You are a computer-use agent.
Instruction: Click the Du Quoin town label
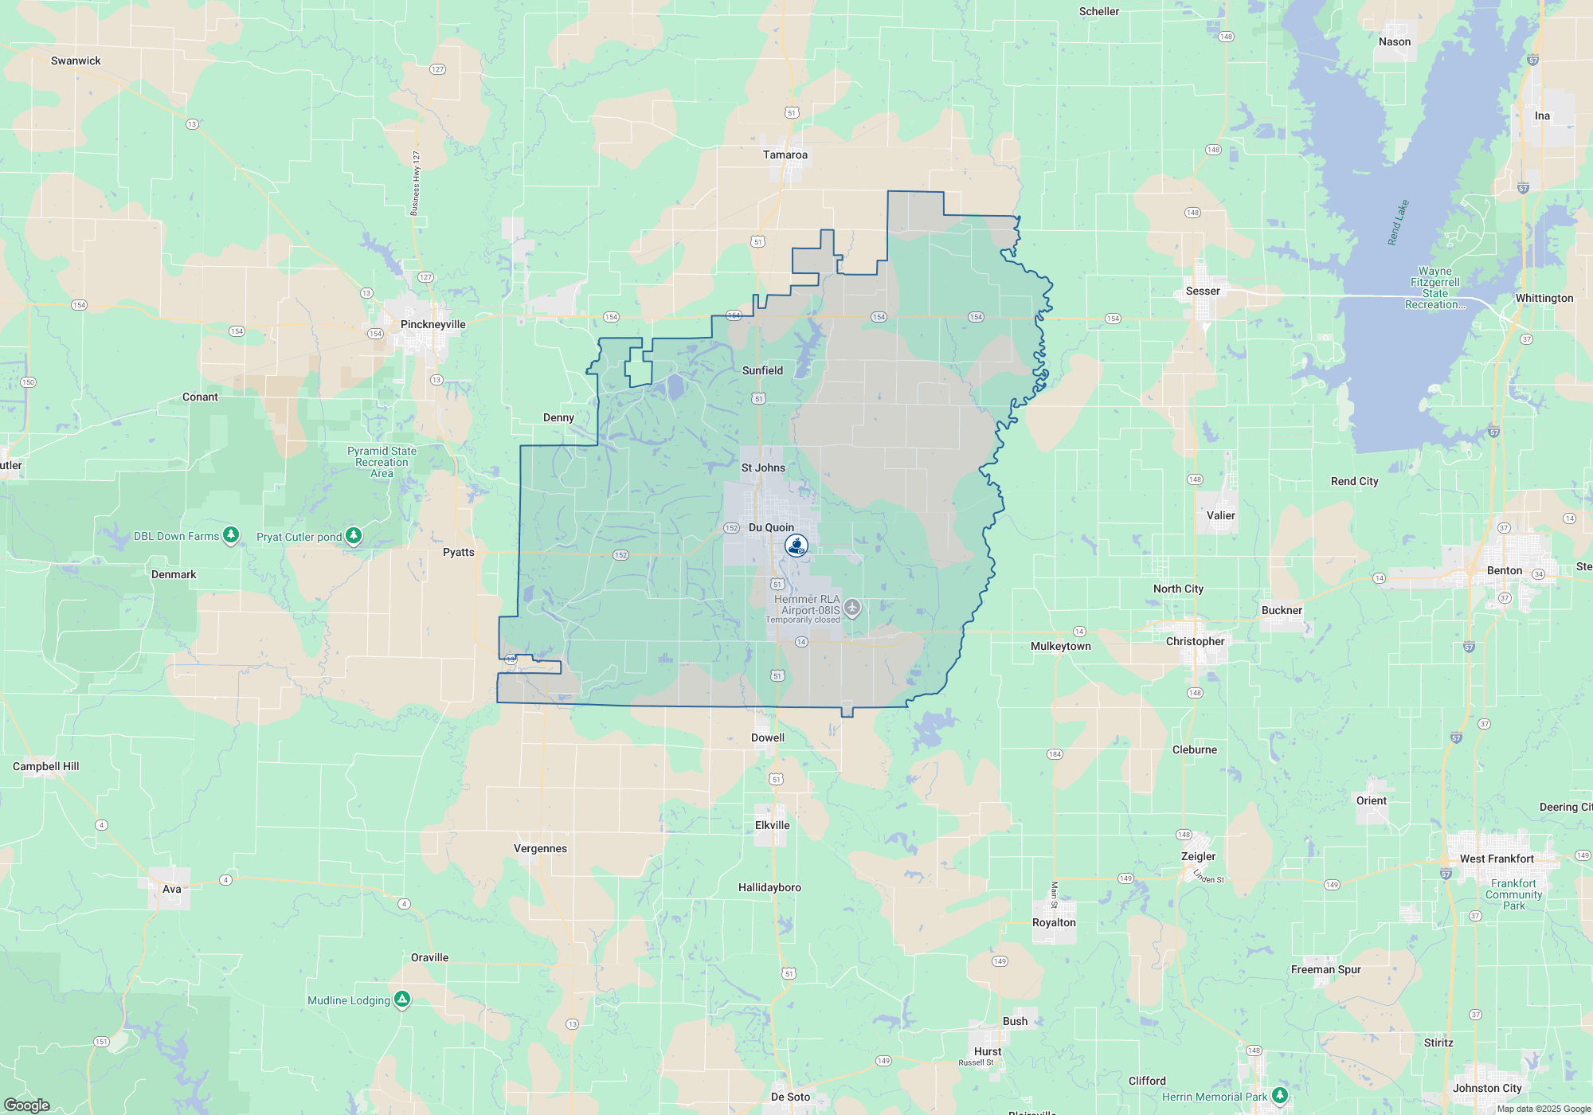pos(771,527)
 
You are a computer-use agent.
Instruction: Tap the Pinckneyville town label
pos(432,324)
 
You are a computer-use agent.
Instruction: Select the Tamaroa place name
pos(785,155)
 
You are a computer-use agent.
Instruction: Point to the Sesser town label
pos(1202,291)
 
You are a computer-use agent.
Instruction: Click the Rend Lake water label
pos(1398,222)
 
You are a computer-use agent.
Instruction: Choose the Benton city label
pos(1504,570)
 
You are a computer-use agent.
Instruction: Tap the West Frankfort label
pos(1496,859)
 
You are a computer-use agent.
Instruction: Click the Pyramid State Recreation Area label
pos(382,462)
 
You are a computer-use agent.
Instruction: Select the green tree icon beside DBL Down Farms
pos(231,535)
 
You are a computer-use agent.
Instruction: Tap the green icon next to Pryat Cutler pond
pos(354,536)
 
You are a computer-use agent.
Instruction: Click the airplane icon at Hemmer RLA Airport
pos(852,608)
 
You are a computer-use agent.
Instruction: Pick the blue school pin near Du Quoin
pos(796,546)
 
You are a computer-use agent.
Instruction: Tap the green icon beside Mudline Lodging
pos(402,1000)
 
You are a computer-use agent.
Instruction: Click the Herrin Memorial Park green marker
pos(1279,1096)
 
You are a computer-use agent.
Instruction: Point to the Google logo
pos(26,1105)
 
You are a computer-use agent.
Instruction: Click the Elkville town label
pos(772,825)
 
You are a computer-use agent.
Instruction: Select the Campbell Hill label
pos(45,766)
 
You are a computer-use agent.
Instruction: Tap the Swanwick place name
pos(76,61)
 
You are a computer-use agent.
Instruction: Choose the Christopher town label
pos(1195,641)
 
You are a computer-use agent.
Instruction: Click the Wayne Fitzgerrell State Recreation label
pos(1434,288)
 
